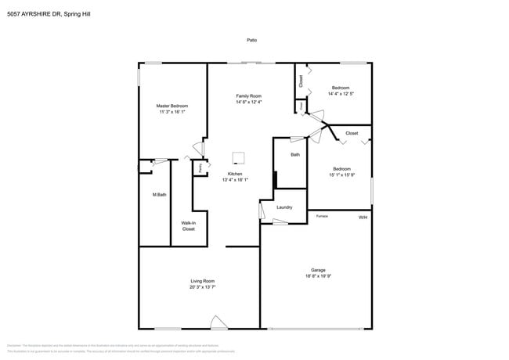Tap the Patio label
[x=251, y=40]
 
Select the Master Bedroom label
[x=172, y=106]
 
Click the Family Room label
[x=249, y=95]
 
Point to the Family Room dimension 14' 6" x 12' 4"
[x=249, y=102]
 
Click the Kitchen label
[x=235, y=174]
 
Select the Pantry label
[x=200, y=167]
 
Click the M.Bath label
[x=159, y=194]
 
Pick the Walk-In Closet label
[x=189, y=225]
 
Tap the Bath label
[x=295, y=155]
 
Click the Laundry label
[x=284, y=207]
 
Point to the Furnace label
[x=322, y=215]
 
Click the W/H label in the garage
[x=363, y=217]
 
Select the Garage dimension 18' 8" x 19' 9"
[x=318, y=276]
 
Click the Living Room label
[x=202, y=281]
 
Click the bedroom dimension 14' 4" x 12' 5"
[x=341, y=94]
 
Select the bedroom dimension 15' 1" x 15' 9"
[x=341, y=175]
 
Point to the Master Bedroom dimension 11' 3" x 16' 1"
[x=172, y=112]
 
